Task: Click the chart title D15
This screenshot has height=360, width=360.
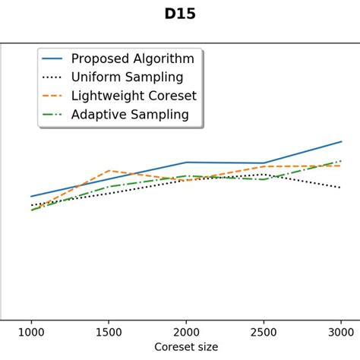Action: tap(180, 14)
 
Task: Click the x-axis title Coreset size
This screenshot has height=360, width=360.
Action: tap(186, 347)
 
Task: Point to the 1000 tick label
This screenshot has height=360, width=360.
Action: tap(31, 331)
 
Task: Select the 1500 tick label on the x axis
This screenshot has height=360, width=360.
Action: tap(109, 331)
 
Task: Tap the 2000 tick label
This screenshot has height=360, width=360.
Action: tap(186, 331)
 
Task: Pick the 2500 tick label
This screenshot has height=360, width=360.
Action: tap(264, 331)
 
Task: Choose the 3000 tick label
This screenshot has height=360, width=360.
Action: tap(341, 331)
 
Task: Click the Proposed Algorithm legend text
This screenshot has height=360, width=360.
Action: tap(132, 58)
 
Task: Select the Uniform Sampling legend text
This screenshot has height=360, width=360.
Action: tap(127, 77)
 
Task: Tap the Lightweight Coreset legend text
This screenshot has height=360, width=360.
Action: tap(134, 96)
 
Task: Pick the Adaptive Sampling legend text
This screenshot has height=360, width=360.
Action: tap(130, 115)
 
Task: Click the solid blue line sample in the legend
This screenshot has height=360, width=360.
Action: tap(52, 58)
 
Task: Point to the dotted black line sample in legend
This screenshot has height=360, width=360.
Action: tap(52, 77)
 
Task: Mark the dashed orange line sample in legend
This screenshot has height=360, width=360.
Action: tap(52, 96)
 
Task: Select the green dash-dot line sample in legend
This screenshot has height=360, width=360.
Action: tap(52, 115)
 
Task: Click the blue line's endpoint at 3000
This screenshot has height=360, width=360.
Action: tap(341, 141)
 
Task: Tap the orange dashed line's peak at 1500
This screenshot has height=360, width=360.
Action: tap(109, 170)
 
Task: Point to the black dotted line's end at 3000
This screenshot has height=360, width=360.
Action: tap(341, 188)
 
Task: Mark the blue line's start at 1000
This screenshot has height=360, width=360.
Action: tap(31, 197)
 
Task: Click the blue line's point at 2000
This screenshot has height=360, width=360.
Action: tap(186, 163)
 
